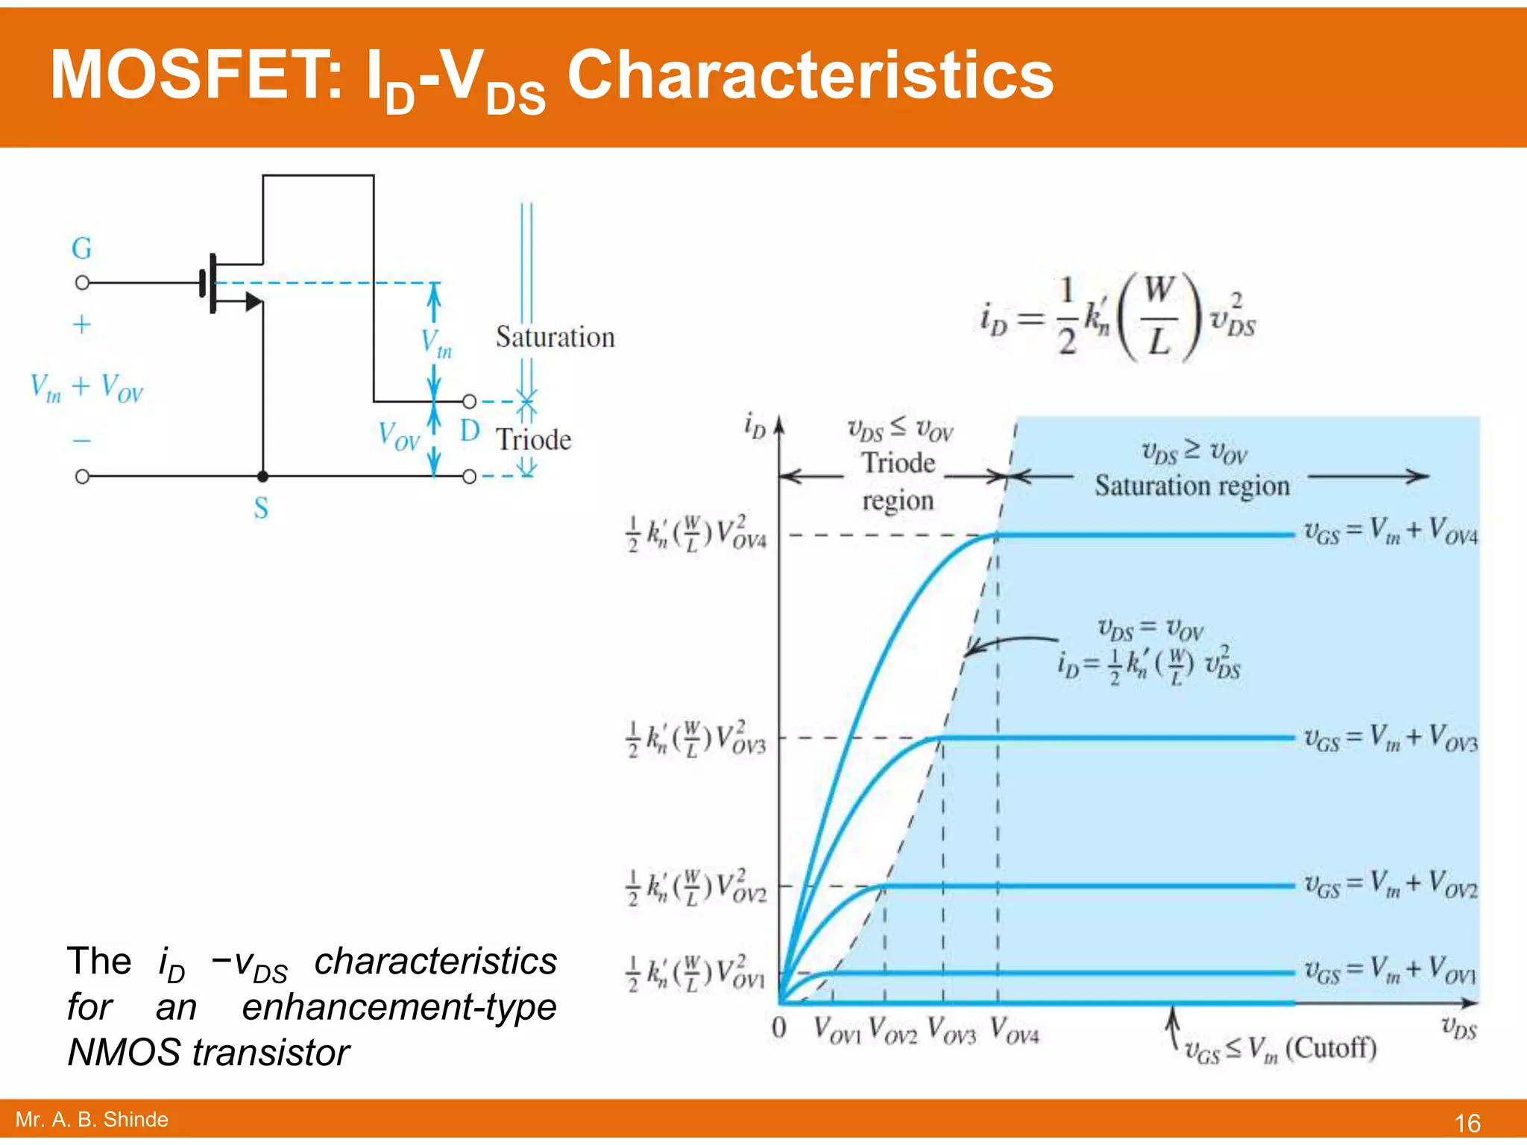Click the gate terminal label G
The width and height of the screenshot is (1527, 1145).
pos(82,248)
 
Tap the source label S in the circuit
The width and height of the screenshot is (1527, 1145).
pos(261,508)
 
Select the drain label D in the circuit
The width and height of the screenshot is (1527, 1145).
pos(469,431)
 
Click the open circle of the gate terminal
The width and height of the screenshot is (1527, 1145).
pos(83,283)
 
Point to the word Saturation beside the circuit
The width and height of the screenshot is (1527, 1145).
pos(555,338)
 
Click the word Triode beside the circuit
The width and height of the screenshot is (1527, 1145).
pos(534,440)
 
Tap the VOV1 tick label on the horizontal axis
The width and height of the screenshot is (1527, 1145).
pos(837,1031)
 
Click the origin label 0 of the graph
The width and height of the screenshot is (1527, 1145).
pos(779,1029)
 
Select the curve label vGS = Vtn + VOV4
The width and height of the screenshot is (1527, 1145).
pos(1390,532)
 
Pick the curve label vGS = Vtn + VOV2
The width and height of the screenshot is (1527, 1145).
pos(1390,885)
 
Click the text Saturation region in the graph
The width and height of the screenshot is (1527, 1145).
pos(1191,486)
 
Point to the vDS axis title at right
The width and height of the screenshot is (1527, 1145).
pos(1458,1028)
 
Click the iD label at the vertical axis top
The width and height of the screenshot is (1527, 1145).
pos(755,426)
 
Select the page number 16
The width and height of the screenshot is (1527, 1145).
pos(1467,1123)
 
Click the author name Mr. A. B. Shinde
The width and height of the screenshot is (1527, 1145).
pos(92,1120)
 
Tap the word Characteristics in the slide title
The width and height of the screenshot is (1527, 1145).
pos(810,75)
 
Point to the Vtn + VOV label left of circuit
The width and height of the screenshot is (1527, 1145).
pos(86,388)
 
